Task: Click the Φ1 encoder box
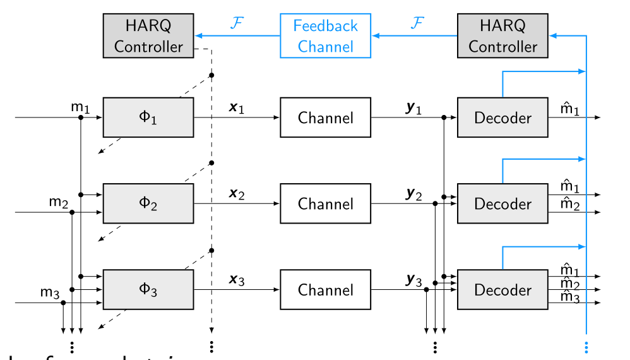pyautogui.click(x=148, y=117)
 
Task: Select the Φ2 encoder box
pyautogui.click(x=148, y=203)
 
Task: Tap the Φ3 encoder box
pyautogui.click(x=148, y=290)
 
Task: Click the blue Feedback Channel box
pyautogui.click(x=325, y=36)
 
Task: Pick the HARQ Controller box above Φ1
pyautogui.click(x=148, y=36)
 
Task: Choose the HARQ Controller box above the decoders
pyautogui.click(x=502, y=36)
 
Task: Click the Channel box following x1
pyautogui.click(x=325, y=117)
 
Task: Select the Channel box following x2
pyautogui.click(x=325, y=203)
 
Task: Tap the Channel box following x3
pyautogui.click(x=325, y=290)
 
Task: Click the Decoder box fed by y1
pyautogui.click(x=502, y=117)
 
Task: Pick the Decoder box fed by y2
pyautogui.click(x=502, y=203)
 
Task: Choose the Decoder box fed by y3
pyautogui.click(x=502, y=290)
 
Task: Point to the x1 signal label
pyautogui.click(x=236, y=108)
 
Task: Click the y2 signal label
pyautogui.click(x=413, y=194)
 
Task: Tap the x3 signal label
pyautogui.click(x=236, y=280)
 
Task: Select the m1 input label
pyautogui.click(x=80, y=108)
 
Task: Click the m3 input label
pyautogui.click(x=50, y=292)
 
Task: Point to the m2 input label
pyautogui.click(x=58, y=202)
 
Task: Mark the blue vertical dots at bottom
pyautogui.click(x=586, y=347)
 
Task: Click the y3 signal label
pyautogui.click(x=413, y=280)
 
